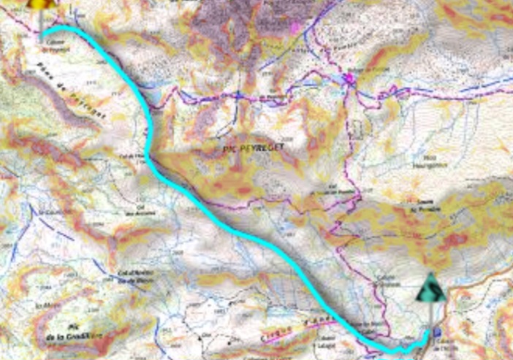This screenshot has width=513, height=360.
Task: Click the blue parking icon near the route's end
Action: click(437, 332)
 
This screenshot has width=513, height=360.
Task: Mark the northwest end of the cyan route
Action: click(42, 34)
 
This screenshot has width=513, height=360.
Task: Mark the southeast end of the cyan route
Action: click(427, 333)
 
